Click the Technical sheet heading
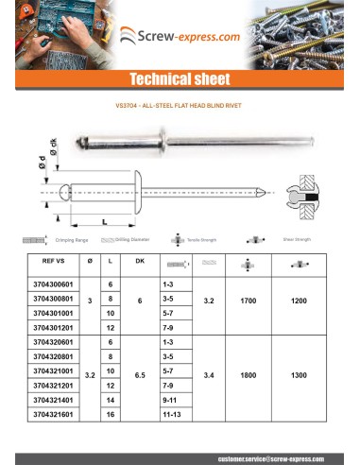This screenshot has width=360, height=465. pos(180,79)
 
